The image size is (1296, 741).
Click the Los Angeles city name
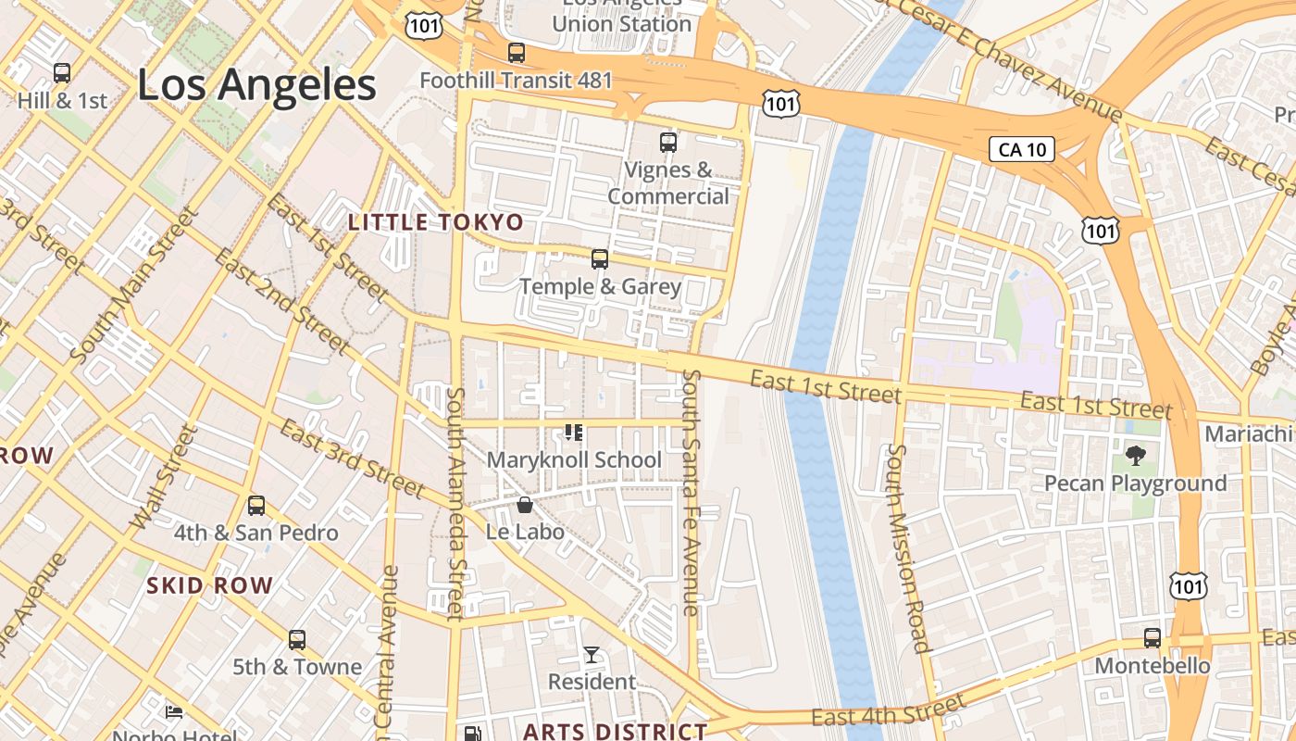(x=256, y=85)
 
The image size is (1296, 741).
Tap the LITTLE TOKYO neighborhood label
(x=435, y=222)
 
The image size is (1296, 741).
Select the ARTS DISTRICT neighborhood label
(x=615, y=731)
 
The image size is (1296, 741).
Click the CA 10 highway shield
(x=1022, y=149)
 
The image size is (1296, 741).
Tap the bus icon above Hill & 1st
(x=62, y=72)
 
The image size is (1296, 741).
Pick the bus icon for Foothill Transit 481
(x=517, y=53)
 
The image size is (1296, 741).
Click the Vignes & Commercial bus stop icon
(x=668, y=143)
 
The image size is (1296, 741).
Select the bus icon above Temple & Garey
(x=600, y=259)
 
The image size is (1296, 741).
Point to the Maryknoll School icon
(x=574, y=433)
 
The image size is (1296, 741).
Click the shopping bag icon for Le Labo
(x=525, y=505)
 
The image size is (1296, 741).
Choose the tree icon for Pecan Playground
(x=1136, y=456)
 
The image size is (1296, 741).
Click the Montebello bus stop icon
(x=1153, y=638)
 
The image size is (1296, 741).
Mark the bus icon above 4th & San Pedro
(x=256, y=506)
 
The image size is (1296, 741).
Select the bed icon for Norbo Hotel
(x=174, y=711)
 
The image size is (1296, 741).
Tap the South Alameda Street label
(x=455, y=504)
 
